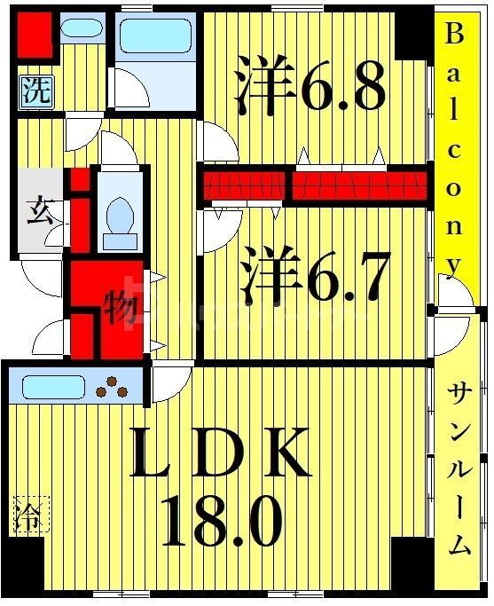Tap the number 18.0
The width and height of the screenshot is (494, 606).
click(221, 523)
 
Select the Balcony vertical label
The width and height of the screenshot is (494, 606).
click(454, 151)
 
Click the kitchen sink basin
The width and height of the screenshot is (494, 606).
click(52, 387)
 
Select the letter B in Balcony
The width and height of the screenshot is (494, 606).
click(454, 35)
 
